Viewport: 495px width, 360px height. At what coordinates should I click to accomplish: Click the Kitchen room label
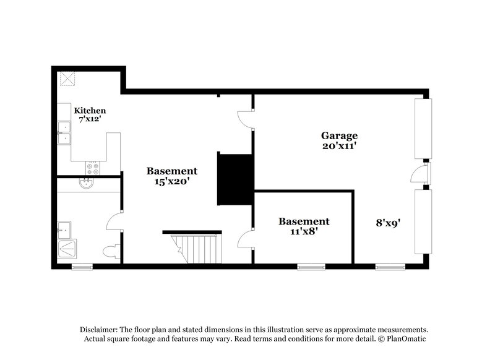(90, 111)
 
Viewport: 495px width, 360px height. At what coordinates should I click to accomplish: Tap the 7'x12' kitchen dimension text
(90, 119)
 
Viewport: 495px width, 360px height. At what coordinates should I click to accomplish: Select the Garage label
(338, 135)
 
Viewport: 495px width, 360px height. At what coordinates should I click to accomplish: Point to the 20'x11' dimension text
(338, 146)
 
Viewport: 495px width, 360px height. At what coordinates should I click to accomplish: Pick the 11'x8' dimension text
(303, 232)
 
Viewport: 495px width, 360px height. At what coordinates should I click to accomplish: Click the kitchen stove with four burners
(93, 167)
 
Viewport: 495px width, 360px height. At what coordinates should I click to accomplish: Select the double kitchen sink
(64, 134)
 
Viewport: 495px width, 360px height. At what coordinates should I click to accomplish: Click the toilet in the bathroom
(111, 252)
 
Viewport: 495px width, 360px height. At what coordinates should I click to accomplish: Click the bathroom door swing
(114, 221)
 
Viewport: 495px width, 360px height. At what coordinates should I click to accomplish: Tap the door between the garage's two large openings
(419, 174)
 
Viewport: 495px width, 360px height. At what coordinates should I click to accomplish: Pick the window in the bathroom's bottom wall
(82, 267)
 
